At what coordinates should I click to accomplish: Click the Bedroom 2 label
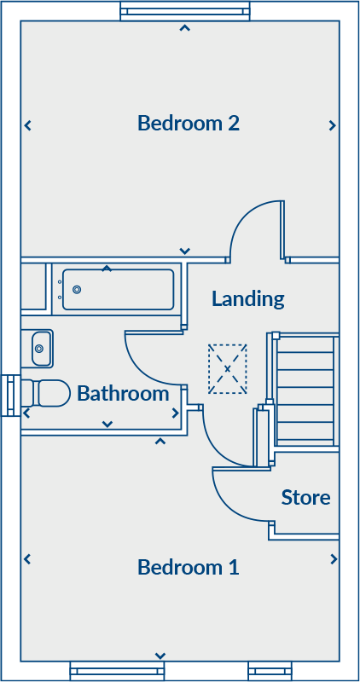click(189, 123)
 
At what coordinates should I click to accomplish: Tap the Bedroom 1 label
click(189, 567)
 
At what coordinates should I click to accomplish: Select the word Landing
click(248, 300)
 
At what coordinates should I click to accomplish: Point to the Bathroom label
click(123, 394)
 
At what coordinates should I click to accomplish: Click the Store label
click(305, 497)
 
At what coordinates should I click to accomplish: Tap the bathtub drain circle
click(77, 289)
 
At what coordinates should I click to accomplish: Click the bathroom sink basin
click(42, 349)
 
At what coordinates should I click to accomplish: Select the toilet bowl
click(51, 393)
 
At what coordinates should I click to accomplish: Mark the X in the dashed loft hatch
click(227, 369)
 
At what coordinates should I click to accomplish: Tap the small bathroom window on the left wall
click(10, 396)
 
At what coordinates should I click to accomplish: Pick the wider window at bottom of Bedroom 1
click(117, 671)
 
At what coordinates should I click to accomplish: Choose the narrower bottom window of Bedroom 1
click(270, 671)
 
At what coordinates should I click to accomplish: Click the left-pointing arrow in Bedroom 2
click(28, 125)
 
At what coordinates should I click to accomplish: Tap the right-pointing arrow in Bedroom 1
click(334, 559)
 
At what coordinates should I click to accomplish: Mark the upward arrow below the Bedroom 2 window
click(185, 28)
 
